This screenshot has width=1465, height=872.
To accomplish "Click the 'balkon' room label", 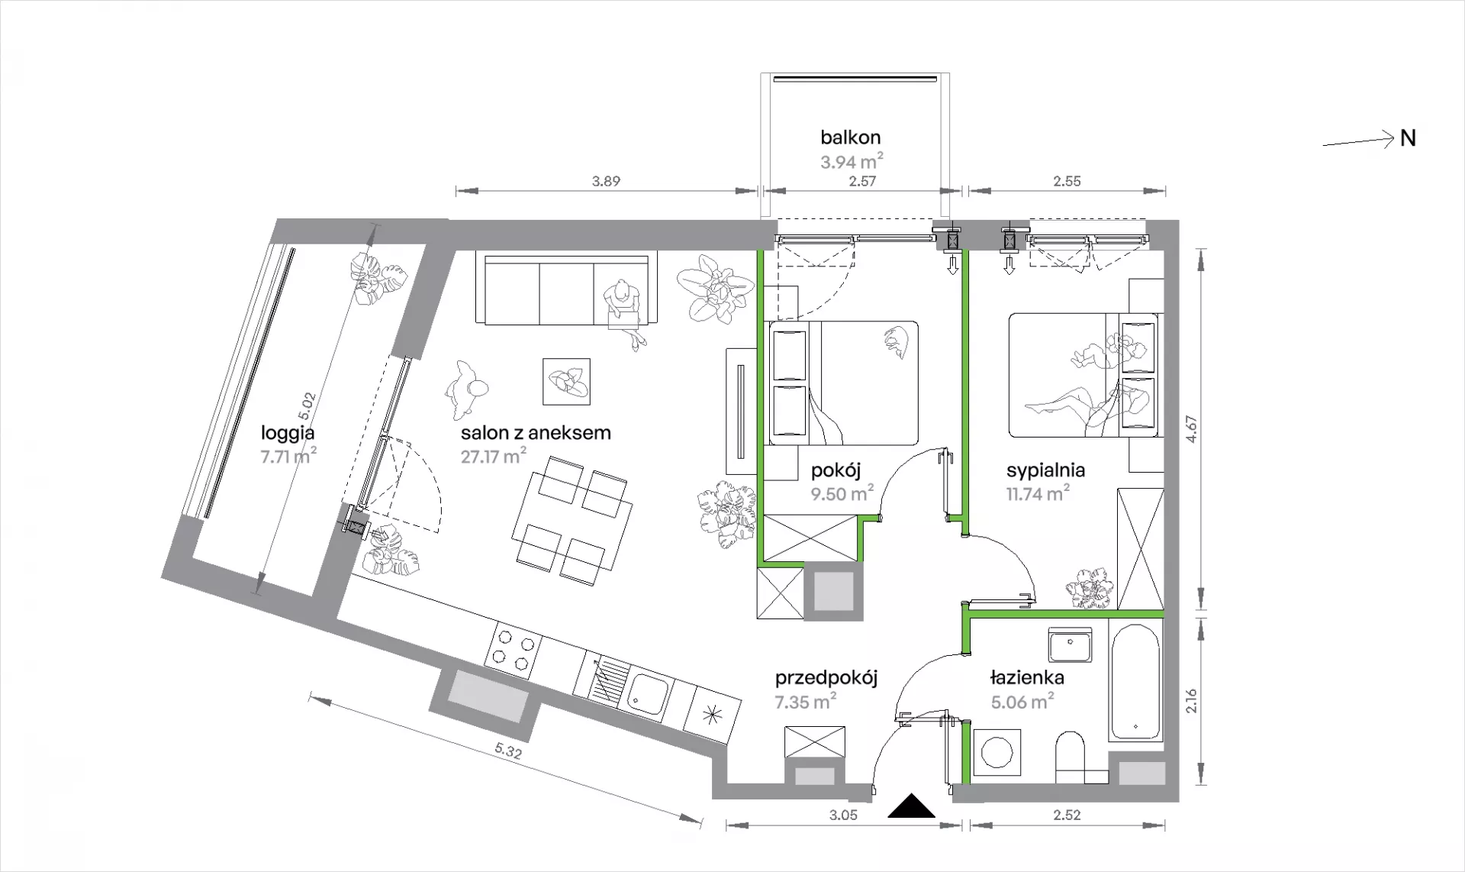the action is coord(850,137).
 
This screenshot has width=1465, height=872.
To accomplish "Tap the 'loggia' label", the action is coord(288,433).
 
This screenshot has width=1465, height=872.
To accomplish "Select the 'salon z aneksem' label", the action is coord(536,433).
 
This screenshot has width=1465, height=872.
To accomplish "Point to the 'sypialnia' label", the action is coord(1045,470).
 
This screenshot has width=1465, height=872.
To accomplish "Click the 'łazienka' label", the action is coord(1027,677).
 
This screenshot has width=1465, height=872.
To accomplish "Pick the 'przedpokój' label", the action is coord(826,678).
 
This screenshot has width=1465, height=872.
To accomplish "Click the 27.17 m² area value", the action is coord(494,456).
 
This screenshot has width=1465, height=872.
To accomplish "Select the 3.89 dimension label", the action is coord(606,181).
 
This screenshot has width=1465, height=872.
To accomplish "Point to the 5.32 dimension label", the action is coord(508,751).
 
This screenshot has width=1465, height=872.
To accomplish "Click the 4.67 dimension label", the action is coord(1191,428).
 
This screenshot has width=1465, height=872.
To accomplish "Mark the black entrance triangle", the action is coord(912,806).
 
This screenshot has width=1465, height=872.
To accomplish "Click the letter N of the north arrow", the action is coord(1408,138).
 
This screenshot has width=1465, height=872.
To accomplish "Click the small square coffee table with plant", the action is coord(566,382).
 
